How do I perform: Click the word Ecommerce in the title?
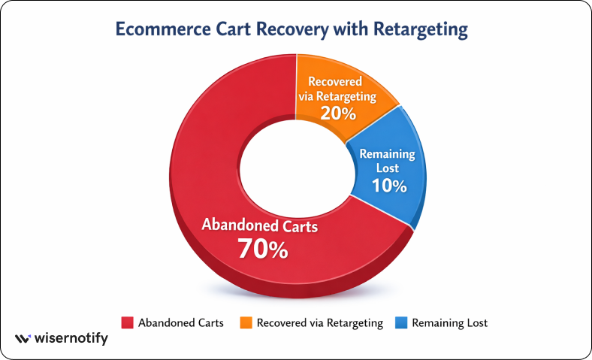point(163,29)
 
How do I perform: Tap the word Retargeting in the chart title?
point(421,30)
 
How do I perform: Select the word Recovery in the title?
point(292,30)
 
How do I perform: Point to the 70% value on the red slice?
point(263,249)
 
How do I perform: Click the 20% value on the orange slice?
point(338,113)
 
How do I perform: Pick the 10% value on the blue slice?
point(389,186)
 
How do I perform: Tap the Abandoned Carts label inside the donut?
point(260,225)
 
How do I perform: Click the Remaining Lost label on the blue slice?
point(388,161)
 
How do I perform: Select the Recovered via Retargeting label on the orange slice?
point(337,89)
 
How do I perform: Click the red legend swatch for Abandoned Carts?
point(127,323)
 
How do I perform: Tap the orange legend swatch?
point(246,323)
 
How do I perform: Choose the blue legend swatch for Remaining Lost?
point(401,323)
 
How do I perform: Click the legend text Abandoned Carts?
point(181,323)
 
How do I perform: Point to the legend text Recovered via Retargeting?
point(320,323)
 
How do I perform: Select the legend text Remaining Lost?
point(450,323)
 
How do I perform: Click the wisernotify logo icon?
point(23,338)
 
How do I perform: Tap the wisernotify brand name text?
point(71,338)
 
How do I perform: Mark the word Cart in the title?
point(234,29)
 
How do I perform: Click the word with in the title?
point(351,29)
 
